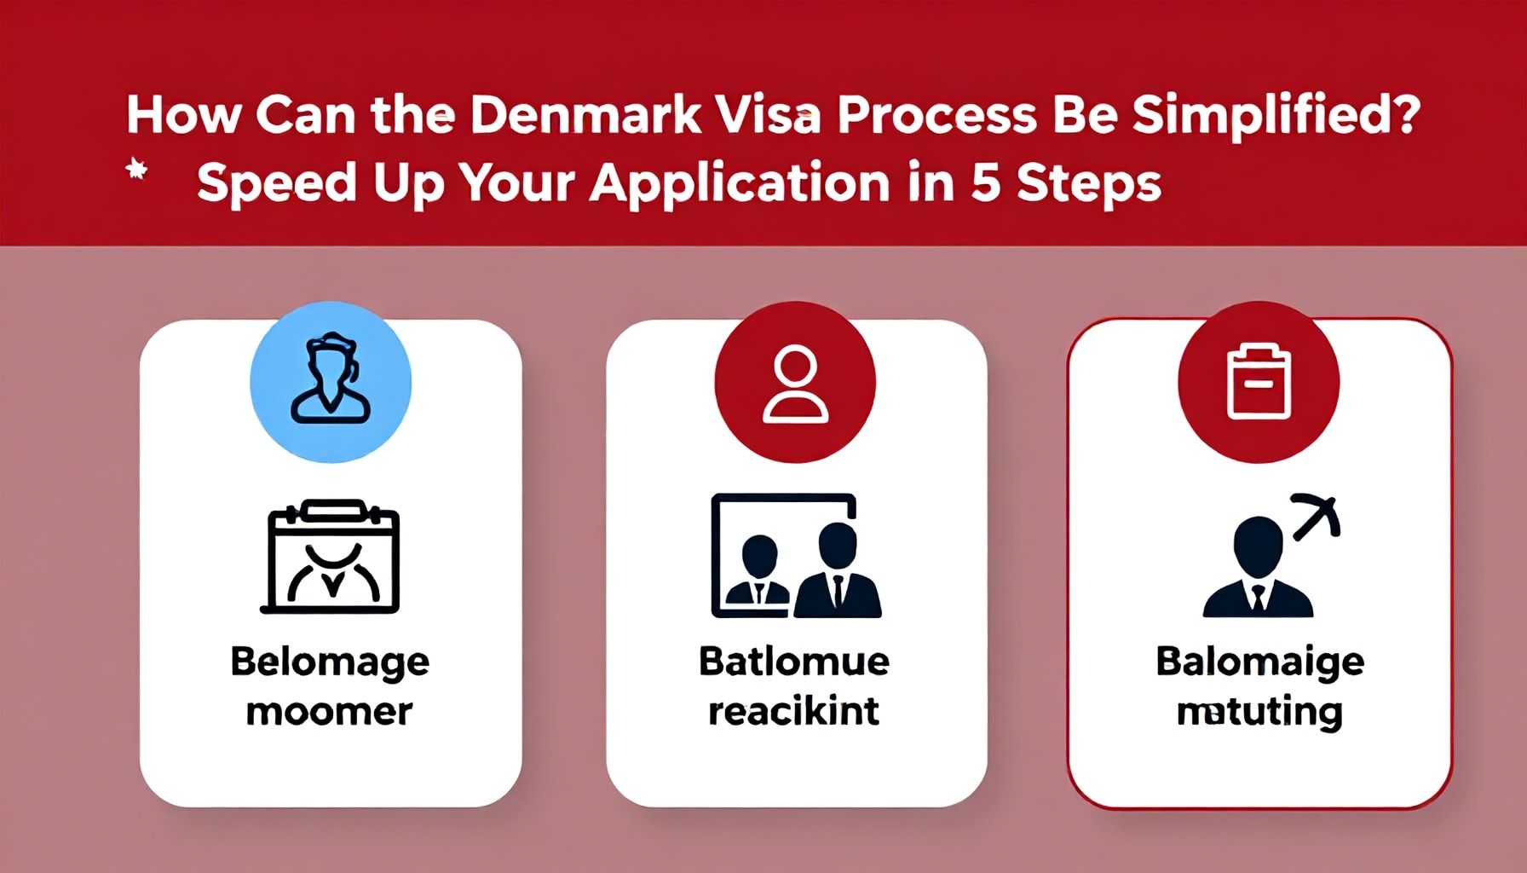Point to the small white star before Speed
pos(136,171)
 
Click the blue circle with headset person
pos(331,382)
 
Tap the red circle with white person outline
pos(795,383)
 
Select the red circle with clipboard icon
pos(1259,383)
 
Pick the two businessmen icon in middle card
pos(796,556)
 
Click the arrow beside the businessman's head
pos(1316,516)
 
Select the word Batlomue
pos(794,662)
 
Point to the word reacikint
pos(793,710)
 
